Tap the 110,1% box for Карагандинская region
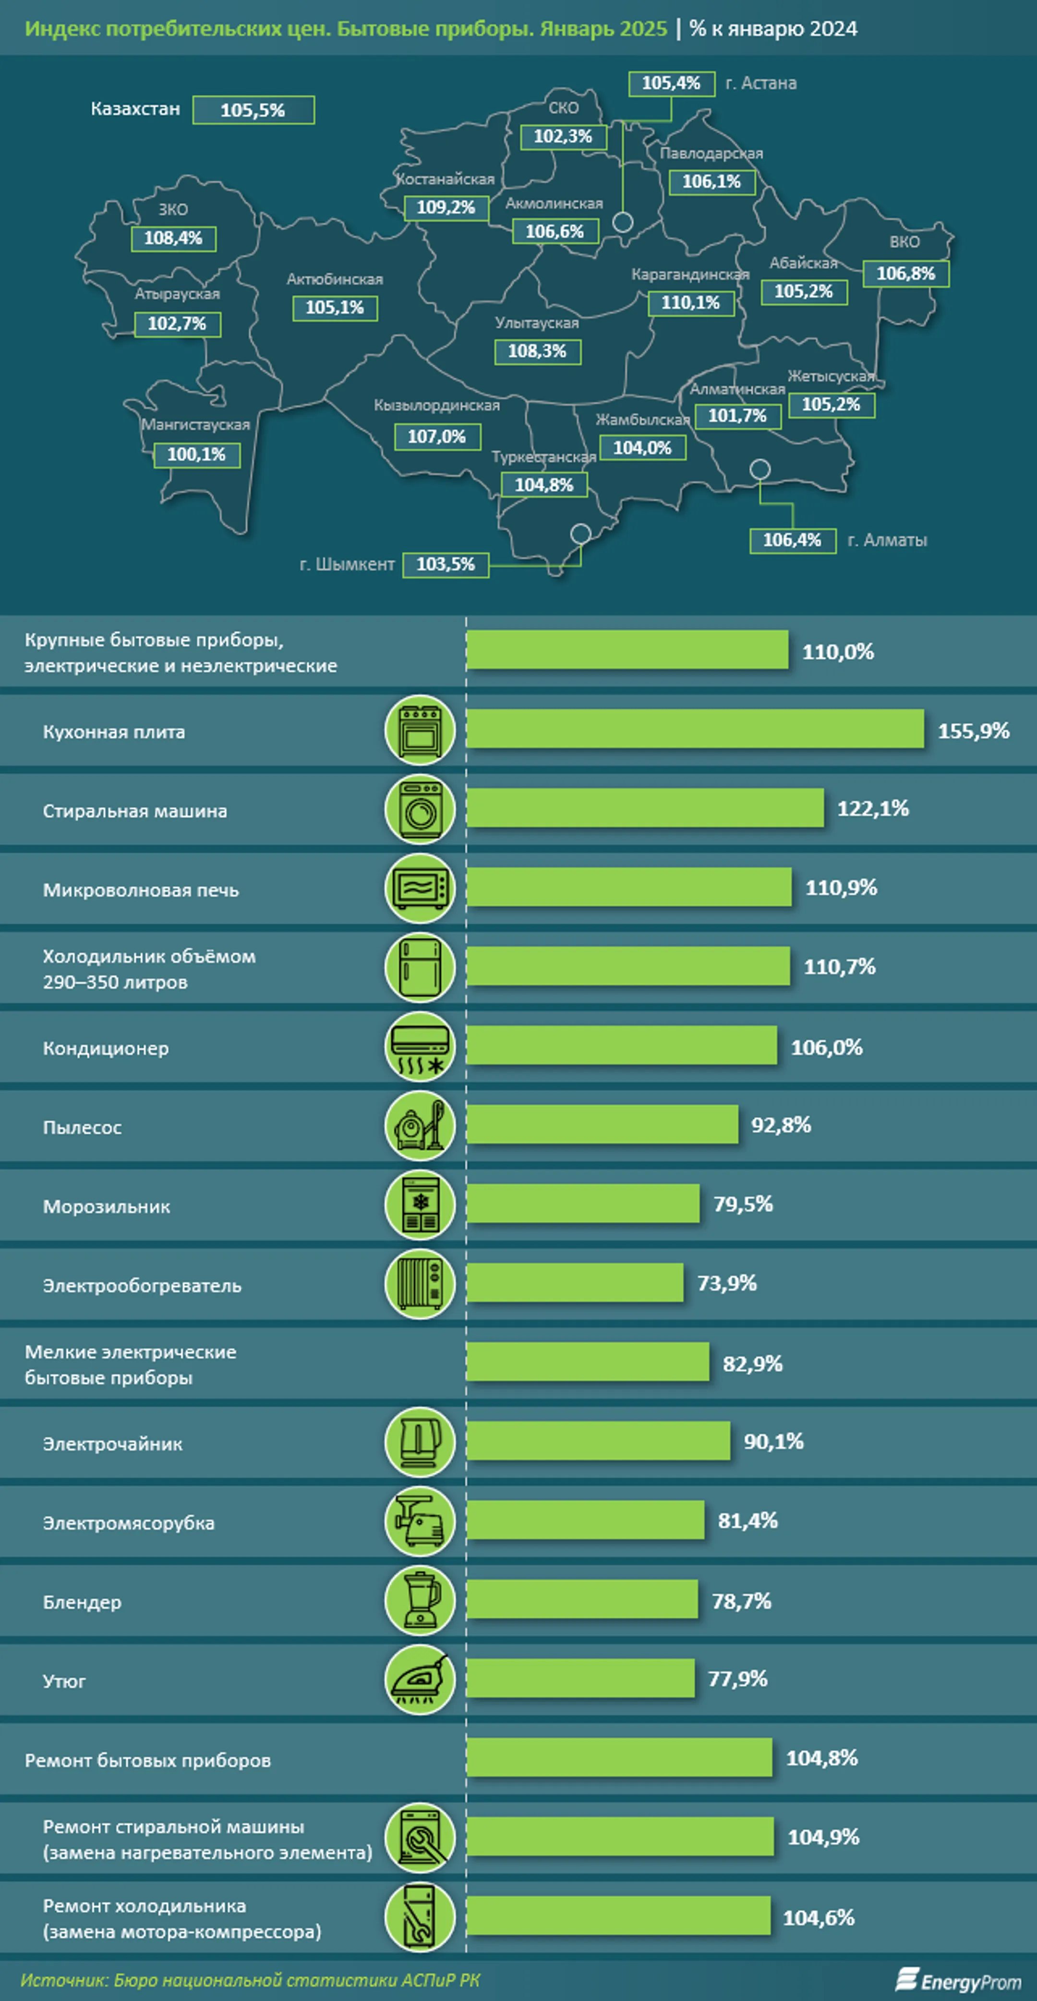[690, 303]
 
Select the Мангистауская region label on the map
[196, 425]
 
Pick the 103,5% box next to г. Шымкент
[446, 565]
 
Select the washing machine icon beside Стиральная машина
[420, 809]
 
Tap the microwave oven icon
[420, 888]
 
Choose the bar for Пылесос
[602, 1125]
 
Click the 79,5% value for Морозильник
[743, 1205]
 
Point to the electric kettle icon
[420, 1442]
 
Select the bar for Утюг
[580, 1678]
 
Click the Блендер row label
[83, 1603]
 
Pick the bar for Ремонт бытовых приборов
[619, 1758]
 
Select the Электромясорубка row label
[129, 1523]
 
